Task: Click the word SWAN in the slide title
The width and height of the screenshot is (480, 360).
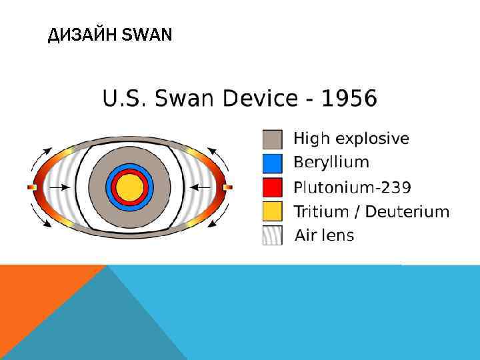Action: click(x=147, y=35)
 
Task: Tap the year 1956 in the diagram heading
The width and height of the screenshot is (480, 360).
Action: click(x=349, y=99)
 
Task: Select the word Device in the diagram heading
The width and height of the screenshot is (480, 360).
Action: click(x=260, y=99)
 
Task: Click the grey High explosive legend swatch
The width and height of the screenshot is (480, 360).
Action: click(x=272, y=139)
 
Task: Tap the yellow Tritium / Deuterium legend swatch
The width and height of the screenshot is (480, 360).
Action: click(x=272, y=211)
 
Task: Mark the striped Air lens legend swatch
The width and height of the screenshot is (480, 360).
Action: click(x=272, y=235)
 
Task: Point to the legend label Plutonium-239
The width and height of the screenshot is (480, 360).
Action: click(x=352, y=187)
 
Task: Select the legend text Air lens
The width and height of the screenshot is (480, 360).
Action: click(x=325, y=235)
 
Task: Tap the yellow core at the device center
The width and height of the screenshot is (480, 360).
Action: click(x=129, y=187)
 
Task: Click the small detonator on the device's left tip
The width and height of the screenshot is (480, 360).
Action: click(x=31, y=187)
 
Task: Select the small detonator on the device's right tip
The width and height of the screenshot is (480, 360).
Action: click(x=228, y=187)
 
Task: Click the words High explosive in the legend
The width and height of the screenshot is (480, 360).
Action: click(x=351, y=139)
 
